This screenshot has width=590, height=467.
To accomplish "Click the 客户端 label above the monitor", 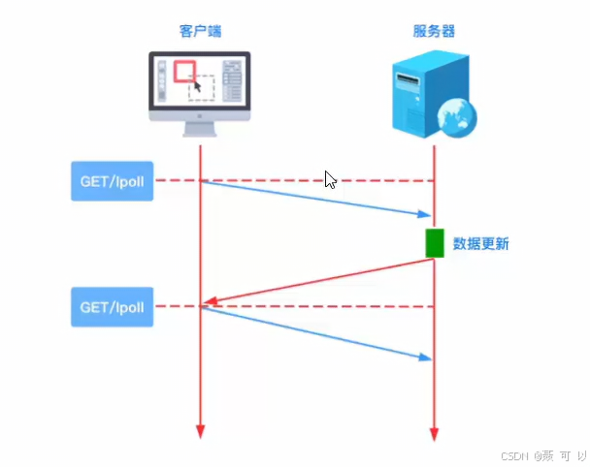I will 201,31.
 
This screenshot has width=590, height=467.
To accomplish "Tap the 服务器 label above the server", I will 433,31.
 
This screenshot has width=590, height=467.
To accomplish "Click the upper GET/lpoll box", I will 113,181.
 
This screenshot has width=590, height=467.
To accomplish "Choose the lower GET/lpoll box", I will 113,306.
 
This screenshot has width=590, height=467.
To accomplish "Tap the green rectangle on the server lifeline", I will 434,243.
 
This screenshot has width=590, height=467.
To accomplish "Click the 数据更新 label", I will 481,244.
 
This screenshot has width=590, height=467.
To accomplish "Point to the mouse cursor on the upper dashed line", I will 330,179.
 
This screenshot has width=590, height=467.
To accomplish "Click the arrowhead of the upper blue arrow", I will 425,213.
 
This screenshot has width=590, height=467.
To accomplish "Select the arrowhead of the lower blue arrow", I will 425,358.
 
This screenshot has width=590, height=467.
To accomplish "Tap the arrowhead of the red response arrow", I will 208,304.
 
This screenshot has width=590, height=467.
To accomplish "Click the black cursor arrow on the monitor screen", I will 197,86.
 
